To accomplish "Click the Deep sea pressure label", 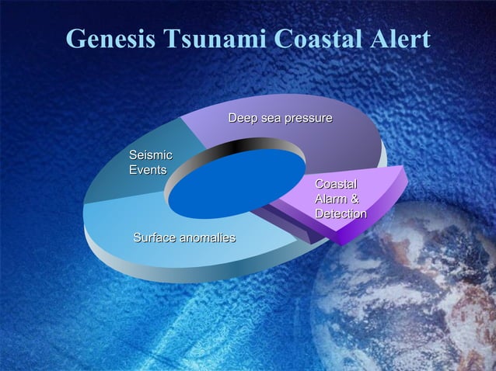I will pyautogui.click(x=280, y=118).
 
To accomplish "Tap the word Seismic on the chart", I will pyautogui.click(x=150, y=155).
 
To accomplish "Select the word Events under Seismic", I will pyautogui.click(x=147, y=170).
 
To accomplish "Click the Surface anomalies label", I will pyautogui.click(x=184, y=237).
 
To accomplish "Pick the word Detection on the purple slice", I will pyautogui.click(x=341, y=213).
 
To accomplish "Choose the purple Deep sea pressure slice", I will pyautogui.click(x=334, y=140).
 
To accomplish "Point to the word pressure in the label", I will pyautogui.click(x=308, y=118).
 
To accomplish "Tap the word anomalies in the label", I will pyautogui.click(x=208, y=237).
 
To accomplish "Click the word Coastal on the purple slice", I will pyautogui.click(x=336, y=184).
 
